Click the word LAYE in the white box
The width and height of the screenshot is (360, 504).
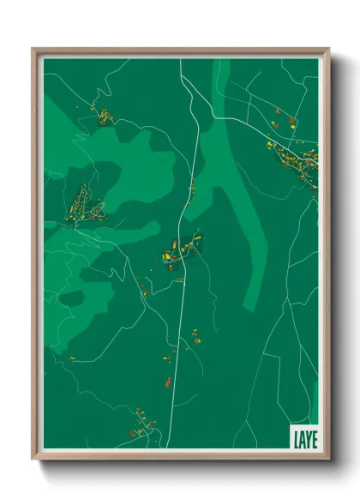[x=303, y=438]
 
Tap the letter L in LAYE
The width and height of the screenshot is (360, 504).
[x=296, y=438]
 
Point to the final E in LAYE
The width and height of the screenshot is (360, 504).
[x=313, y=438]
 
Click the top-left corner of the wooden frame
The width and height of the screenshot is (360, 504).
[x=33, y=49]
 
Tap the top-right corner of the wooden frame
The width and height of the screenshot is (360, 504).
[x=328, y=49]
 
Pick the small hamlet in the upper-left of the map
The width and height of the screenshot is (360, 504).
[x=103, y=115]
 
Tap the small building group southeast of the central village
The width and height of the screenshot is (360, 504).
[x=196, y=335]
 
